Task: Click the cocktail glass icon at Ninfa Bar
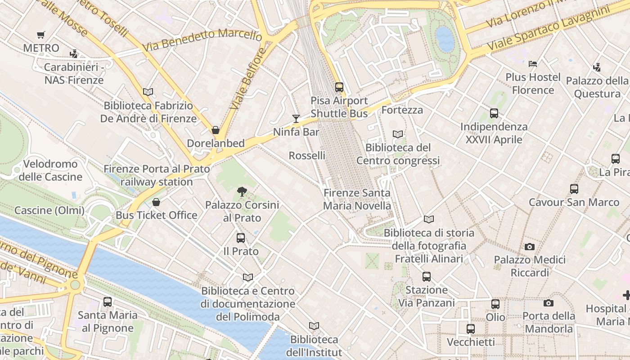(296, 118)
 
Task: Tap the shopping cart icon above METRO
(41, 35)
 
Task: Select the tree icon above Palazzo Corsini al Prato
(242, 192)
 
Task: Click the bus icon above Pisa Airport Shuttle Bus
(339, 87)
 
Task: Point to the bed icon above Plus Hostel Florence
(533, 64)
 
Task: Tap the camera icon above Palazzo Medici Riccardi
(530, 247)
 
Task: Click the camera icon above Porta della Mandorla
(549, 303)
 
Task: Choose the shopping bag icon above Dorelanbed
(216, 130)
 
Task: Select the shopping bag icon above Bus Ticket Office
(156, 202)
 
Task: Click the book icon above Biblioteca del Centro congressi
(398, 134)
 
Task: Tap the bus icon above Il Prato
(241, 238)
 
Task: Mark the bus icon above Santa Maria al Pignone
(108, 302)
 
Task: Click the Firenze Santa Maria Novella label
(357, 199)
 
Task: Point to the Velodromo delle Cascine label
(50, 170)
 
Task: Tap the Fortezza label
(402, 110)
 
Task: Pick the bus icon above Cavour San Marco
(574, 189)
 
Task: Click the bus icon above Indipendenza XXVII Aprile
(494, 113)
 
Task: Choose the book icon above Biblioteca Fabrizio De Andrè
(148, 92)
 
